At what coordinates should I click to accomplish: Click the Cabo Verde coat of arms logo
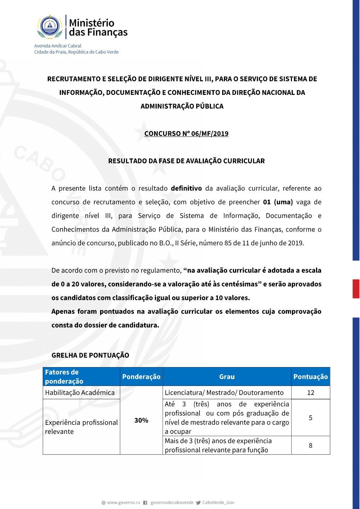coord(50,26)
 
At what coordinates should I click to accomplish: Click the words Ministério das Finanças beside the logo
coord(98,28)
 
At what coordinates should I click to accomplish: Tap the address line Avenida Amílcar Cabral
coord(58,46)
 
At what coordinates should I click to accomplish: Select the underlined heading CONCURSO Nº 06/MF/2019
coord(186,134)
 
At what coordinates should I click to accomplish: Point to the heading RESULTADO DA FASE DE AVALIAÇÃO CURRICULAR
coord(186,161)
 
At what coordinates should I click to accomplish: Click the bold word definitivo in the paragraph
coord(186,188)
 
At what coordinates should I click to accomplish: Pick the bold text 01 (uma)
coord(278,202)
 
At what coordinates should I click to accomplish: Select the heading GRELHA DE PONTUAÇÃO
coord(90,355)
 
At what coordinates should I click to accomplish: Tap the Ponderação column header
coord(141,377)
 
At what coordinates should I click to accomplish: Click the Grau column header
coord(227,377)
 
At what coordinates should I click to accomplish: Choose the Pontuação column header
coord(310,377)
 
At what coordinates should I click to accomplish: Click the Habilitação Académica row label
coord(80,393)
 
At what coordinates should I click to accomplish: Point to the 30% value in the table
coord(141,420)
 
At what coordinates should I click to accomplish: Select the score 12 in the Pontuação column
coord(310,393)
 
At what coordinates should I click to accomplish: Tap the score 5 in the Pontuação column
coord(310,418)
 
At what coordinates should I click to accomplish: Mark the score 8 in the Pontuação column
coord(310,446)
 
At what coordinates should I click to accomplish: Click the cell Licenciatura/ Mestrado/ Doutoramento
coord(224,393)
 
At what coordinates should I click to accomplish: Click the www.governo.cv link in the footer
coord(123,503)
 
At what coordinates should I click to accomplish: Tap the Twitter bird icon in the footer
coord(198,503)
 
